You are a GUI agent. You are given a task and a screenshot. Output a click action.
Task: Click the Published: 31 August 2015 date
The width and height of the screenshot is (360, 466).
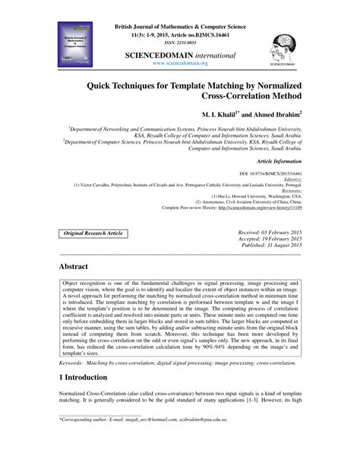271,245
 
